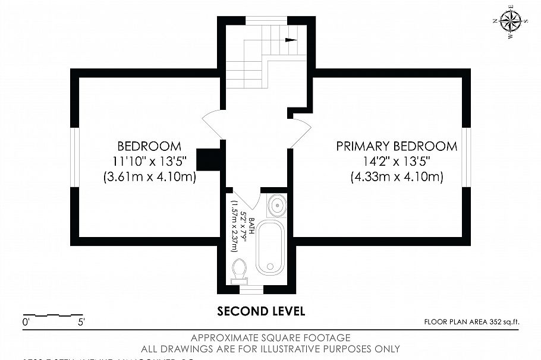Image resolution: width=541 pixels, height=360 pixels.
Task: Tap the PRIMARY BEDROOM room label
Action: pos(397,146)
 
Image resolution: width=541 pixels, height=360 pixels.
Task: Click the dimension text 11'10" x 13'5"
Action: pos(149,161)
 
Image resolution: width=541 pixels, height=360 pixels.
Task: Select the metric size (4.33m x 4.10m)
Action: pos(397,176)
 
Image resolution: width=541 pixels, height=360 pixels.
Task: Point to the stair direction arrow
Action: pos(291,40)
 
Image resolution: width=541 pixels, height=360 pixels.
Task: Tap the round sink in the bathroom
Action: pos(276,207)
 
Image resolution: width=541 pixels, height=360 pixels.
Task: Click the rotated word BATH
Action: pos(251,226)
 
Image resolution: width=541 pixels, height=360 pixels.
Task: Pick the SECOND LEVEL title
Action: pos(261,311)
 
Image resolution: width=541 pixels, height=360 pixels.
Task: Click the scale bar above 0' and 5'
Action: pos(52,314)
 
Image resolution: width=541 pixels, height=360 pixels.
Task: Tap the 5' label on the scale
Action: pos(80,323)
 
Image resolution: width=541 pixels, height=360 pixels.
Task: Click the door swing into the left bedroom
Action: pos(212,124)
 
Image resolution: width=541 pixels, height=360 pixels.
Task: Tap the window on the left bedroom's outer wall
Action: pos(74,158)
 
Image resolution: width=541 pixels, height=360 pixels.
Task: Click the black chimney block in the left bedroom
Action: pos(209,159)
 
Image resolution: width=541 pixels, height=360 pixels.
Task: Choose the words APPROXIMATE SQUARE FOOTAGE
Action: pos(270,338)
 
